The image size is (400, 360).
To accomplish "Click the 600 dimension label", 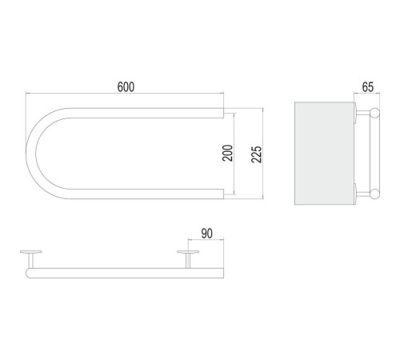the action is [126, 87].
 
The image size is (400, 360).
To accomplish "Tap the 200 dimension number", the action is [228, 153].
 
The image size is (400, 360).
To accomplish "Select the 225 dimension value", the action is [257, 154].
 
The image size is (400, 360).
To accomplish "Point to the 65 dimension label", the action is [368, 87].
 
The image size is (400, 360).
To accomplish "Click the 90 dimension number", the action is [207, 234].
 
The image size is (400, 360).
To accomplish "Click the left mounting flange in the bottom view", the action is [31, 251].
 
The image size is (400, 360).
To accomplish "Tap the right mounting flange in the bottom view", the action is [188, 251].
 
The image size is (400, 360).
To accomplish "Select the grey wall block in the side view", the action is [324, 154].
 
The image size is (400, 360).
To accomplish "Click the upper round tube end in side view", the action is [375, 113].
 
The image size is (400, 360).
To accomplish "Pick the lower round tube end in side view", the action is [375, 194].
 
